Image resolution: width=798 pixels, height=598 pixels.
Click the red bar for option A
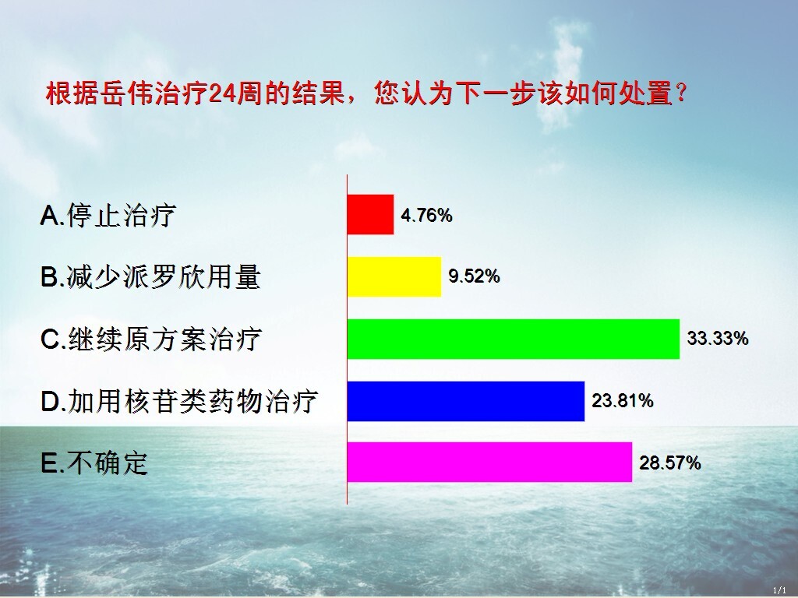click(370, 214)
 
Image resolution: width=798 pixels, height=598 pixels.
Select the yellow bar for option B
click(394, 276)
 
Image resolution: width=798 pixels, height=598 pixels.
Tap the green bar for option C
click(514, 339)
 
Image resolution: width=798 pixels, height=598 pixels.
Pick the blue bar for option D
click(466, 401)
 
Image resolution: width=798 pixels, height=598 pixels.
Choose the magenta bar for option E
click(489, 463)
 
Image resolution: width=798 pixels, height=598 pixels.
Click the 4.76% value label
click(426, 216)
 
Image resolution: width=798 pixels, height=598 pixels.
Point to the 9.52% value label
click(474, 276)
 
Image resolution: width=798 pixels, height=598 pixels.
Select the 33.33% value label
click(718, 338)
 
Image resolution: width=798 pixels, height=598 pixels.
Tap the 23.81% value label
click(623, 401)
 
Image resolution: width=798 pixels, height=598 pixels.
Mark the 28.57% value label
click(669, 463)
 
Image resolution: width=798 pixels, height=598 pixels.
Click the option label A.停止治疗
click(108, 215)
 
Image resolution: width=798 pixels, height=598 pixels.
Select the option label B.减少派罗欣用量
click(150, 277)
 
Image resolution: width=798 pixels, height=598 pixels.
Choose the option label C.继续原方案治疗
click(151, 339)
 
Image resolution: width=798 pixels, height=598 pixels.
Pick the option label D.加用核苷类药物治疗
click(179, 401)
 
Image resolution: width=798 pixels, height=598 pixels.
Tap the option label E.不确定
click(94, 463)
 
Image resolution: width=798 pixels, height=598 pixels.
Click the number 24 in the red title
click(223, 94)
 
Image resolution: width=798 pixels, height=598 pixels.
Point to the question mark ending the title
click(681, 93)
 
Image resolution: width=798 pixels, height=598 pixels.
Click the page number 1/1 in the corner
click(779, 590)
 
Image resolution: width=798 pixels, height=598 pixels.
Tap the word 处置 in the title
click(646, 93)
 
